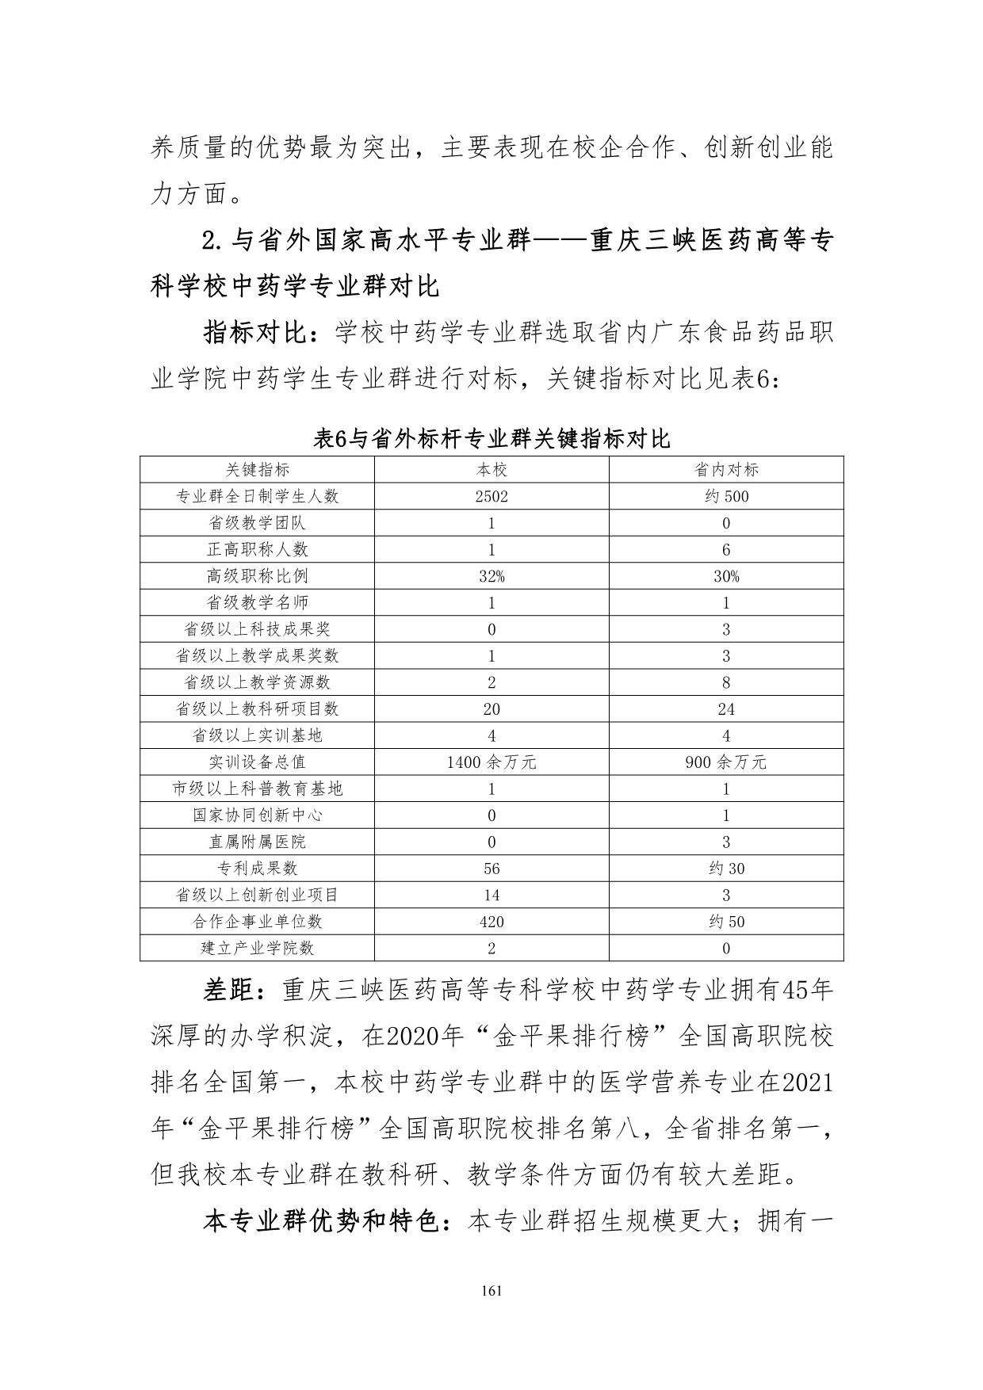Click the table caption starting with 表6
(491, 438)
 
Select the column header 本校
(491, 470)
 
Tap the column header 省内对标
(726, 470)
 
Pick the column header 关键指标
(257, 470)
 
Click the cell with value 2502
(491, 497)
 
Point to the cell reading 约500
(726, 497)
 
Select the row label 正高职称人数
(257, 550)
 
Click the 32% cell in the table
(491, 577)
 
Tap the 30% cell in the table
(726, 577)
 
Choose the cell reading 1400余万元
(491, 762)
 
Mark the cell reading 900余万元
(726, 762)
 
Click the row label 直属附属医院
(257, 842)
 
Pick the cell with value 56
(491, 869)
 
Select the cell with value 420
(491, 922)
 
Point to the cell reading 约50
(726, 922)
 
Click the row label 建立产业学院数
(257, 949)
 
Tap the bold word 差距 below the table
(230, 991)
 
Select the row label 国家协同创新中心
(257, 815)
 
